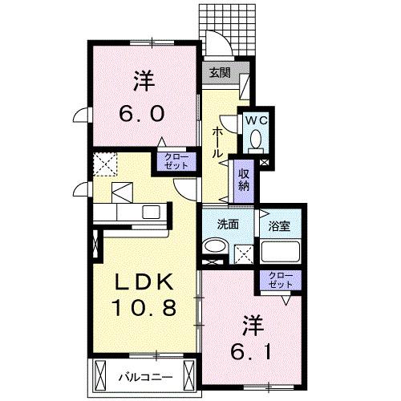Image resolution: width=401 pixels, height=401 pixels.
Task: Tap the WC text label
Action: (255, 120)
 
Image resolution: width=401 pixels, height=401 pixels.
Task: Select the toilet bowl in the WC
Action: (256, 141)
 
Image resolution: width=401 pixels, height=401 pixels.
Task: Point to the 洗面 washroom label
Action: (228, 225)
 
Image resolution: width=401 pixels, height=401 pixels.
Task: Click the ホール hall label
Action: (217, 143)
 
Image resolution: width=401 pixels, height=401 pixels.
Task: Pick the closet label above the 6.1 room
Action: (281, 280)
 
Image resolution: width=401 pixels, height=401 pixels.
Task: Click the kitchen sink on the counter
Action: (152, 213)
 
